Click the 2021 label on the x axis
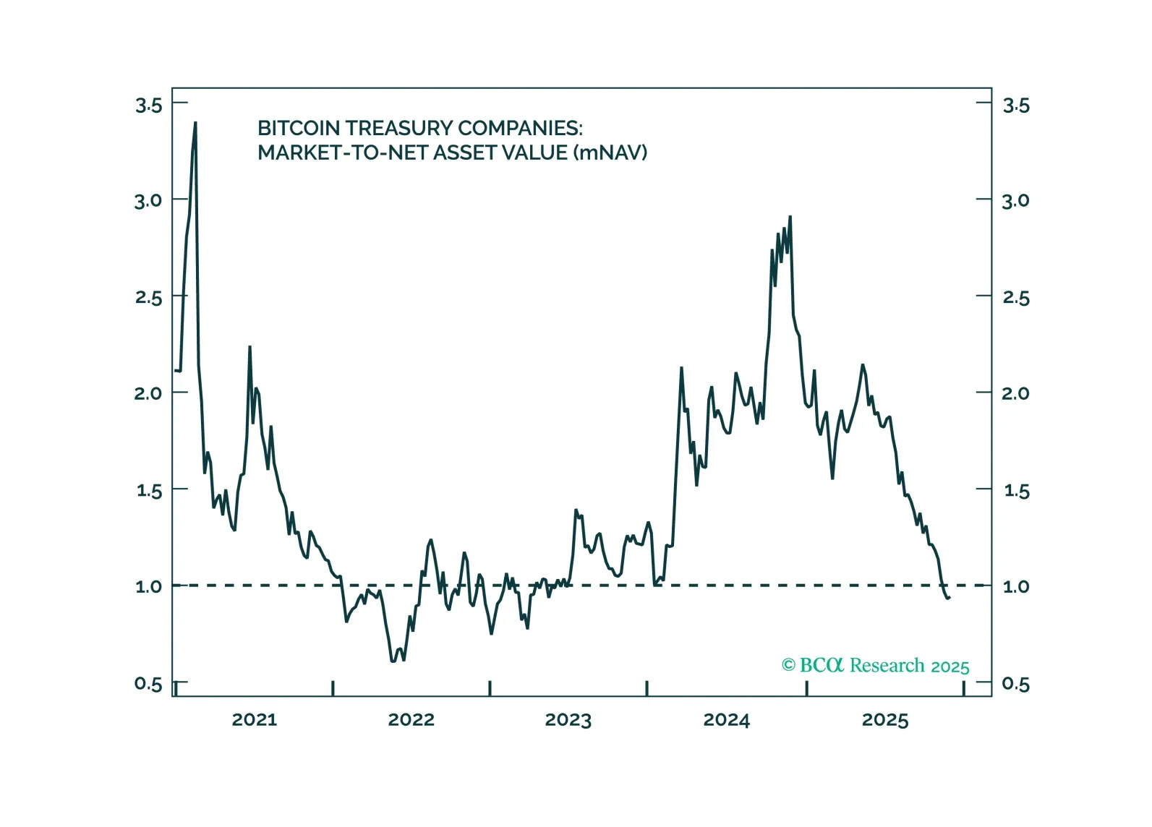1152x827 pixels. click(x=254, y=720)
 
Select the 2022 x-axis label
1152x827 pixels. click(x=411, y=720)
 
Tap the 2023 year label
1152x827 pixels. click(x=568, y=720)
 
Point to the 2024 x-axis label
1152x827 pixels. click(x=726, y=720)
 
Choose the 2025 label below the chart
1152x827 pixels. click(x=884, y=720)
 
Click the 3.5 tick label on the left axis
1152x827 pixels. click(x=148, y=106)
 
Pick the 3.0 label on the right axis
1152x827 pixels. click(x=1015, y=201)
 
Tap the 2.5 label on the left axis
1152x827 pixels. click(x=148, y=298)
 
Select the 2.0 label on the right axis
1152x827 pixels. click(x=1015, y=394)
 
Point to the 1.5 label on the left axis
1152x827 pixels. click(x=148, y=491)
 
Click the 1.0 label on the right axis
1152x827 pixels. click(x=1015, y=587)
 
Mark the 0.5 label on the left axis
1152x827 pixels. click(x=148, y=684)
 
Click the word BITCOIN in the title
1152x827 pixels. click(x=299, y=129)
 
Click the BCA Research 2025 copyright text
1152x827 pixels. click(x=875, y=666)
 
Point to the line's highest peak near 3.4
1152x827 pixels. click(x=195, y=124)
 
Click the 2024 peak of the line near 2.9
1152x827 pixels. click(x=790, y=217)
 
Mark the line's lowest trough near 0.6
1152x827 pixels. click(x=393, y=661)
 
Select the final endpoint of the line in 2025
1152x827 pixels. click(x=948, y=597)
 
